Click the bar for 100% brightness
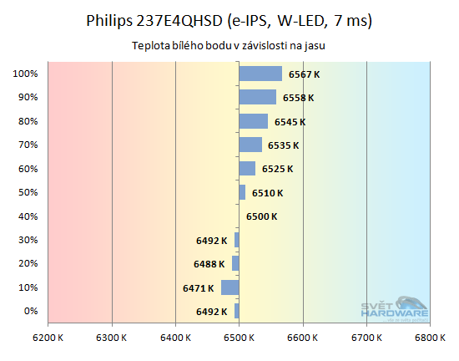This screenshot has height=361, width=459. [x=260, y=74]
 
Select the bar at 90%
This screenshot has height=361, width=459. [x=257, y=97]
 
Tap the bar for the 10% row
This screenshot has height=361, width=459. [x=230, y=287]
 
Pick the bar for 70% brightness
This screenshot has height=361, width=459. [x=250, y=145]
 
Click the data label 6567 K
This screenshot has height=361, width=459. [x=304, y=74]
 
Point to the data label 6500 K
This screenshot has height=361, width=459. [x=261, y=217]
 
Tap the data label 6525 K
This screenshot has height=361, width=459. [x=277, y=169]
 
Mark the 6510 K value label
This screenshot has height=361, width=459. [x=267, y=193]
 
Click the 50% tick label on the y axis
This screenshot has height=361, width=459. [x=28, y=193]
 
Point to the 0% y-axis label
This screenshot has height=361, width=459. [x=30, y=312]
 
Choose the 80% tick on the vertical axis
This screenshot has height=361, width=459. [x=28, y=121]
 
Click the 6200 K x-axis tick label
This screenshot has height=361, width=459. [x=48, y=338]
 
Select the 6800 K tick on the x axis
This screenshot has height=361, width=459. [x=430, y=338]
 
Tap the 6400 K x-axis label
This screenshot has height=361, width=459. [x=175, y=338]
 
